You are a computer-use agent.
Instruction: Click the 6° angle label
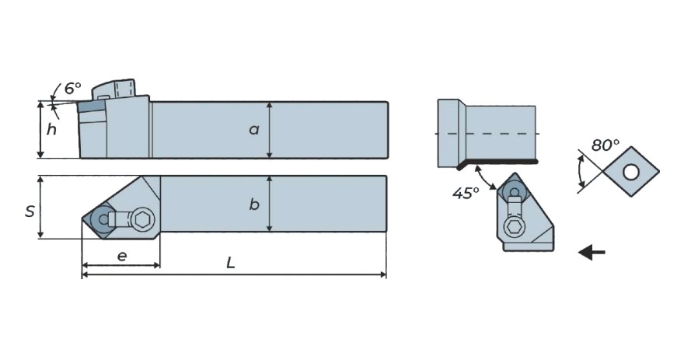coord(73,88)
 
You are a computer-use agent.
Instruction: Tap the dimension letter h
coord(51,130)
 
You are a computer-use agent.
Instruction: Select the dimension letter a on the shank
coord(254,130)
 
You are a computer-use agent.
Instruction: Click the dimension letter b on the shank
coord(254,204)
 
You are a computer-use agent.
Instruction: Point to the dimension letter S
coord(29,211)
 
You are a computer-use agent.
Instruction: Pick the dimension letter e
coord(122,256)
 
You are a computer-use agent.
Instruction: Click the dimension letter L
coord(231,263)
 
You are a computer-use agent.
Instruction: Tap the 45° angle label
coord(466,193)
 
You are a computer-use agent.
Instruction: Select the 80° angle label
coord(605,145)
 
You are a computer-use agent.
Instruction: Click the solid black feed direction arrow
coord(592,253)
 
